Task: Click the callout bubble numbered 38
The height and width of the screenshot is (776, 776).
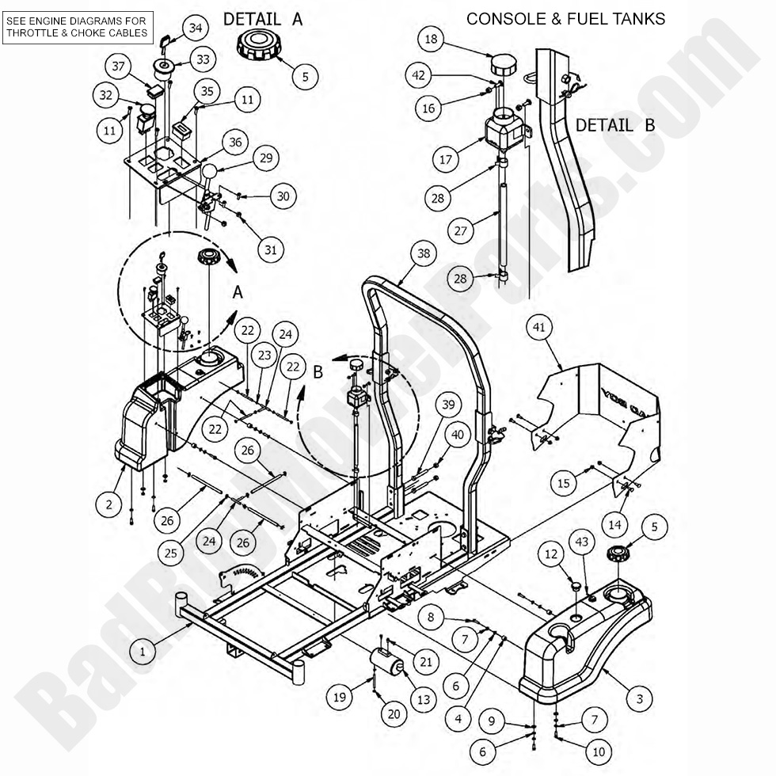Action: (x=424, y=254)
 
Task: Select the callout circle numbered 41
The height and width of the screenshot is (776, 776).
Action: (x=539, y=327)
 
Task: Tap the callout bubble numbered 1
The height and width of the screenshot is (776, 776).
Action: (x=143, y=651)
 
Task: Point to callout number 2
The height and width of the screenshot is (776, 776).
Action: (x=109, y=504)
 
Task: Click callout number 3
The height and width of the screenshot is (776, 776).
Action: (x=640, y=698)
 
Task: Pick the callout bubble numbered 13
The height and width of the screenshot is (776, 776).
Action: (x=424, y=699)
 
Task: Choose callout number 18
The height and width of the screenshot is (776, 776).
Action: (x=431, y=39)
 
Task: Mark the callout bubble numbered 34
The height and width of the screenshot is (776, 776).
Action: (x=196, y=29)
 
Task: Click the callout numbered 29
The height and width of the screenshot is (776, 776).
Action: (x=266, y=158)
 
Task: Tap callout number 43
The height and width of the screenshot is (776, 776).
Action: (x=581, y=542)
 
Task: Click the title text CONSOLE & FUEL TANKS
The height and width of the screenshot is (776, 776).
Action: (x=565, y=19)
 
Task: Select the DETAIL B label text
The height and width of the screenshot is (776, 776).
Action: (x=615, y=125)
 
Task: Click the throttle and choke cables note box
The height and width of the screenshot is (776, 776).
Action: (x=78, y=27)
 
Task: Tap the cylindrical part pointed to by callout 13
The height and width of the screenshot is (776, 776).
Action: (x=387, y=661)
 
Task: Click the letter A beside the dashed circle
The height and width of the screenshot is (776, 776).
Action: (x=238, y=292)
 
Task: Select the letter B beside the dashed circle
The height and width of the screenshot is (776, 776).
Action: (x=318, y=371)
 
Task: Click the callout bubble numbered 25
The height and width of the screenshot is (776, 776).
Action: (x=171, y=553)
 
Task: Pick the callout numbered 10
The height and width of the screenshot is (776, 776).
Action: (x=599, y=751)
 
